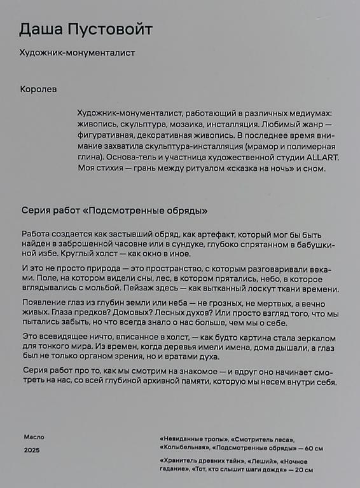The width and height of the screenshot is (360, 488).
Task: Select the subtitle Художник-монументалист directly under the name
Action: click(78, 53)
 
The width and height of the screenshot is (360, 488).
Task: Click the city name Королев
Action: click(38, 90)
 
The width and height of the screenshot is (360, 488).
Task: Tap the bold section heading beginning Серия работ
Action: click(114, 210)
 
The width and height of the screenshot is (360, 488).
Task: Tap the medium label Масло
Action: click(34, 437)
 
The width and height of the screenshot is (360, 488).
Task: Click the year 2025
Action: click(31, 449)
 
